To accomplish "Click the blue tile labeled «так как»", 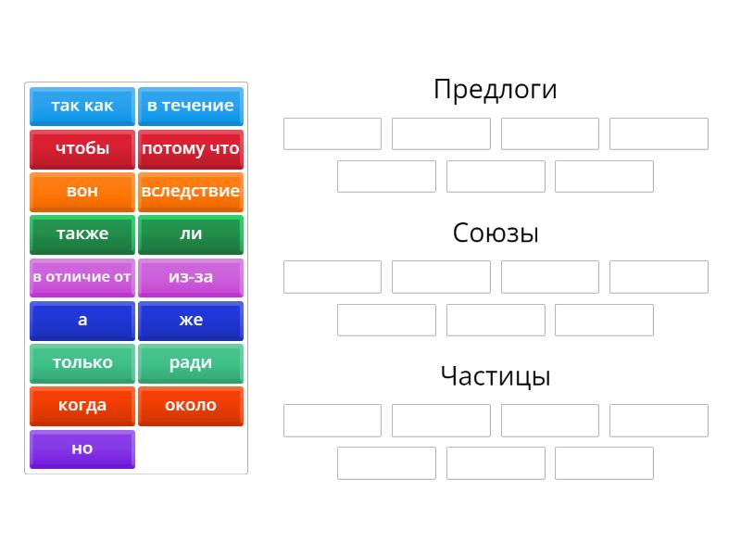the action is (x=82, y=107).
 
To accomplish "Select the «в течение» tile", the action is (x=191, y=107).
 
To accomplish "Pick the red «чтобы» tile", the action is (x=82, y=149).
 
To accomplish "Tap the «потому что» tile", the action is (x=191, y=149).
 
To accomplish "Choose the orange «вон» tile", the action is (x=82, y=192).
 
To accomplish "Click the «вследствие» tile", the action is (x=191, y=192).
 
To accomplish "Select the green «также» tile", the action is (x=82, y=235).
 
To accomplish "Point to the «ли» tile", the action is (x=191, y=235).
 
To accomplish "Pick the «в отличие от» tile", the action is (x=82, y=278).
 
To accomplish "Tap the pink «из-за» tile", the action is (x=191, y=278).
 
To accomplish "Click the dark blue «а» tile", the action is (x=82, y=321).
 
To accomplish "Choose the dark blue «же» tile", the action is (x=191, y=321).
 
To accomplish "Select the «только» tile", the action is (x=82, y=363).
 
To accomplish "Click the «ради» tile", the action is (x=191, y=363).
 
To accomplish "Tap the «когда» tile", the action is (x=82, y=407).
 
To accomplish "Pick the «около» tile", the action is (x=191, y=407).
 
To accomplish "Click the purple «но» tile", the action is (x=82, y=449).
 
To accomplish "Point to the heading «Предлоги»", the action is (x=496, y=90).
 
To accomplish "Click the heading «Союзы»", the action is (x=496, y=234).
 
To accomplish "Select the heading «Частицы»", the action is (x=496, y=377).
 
